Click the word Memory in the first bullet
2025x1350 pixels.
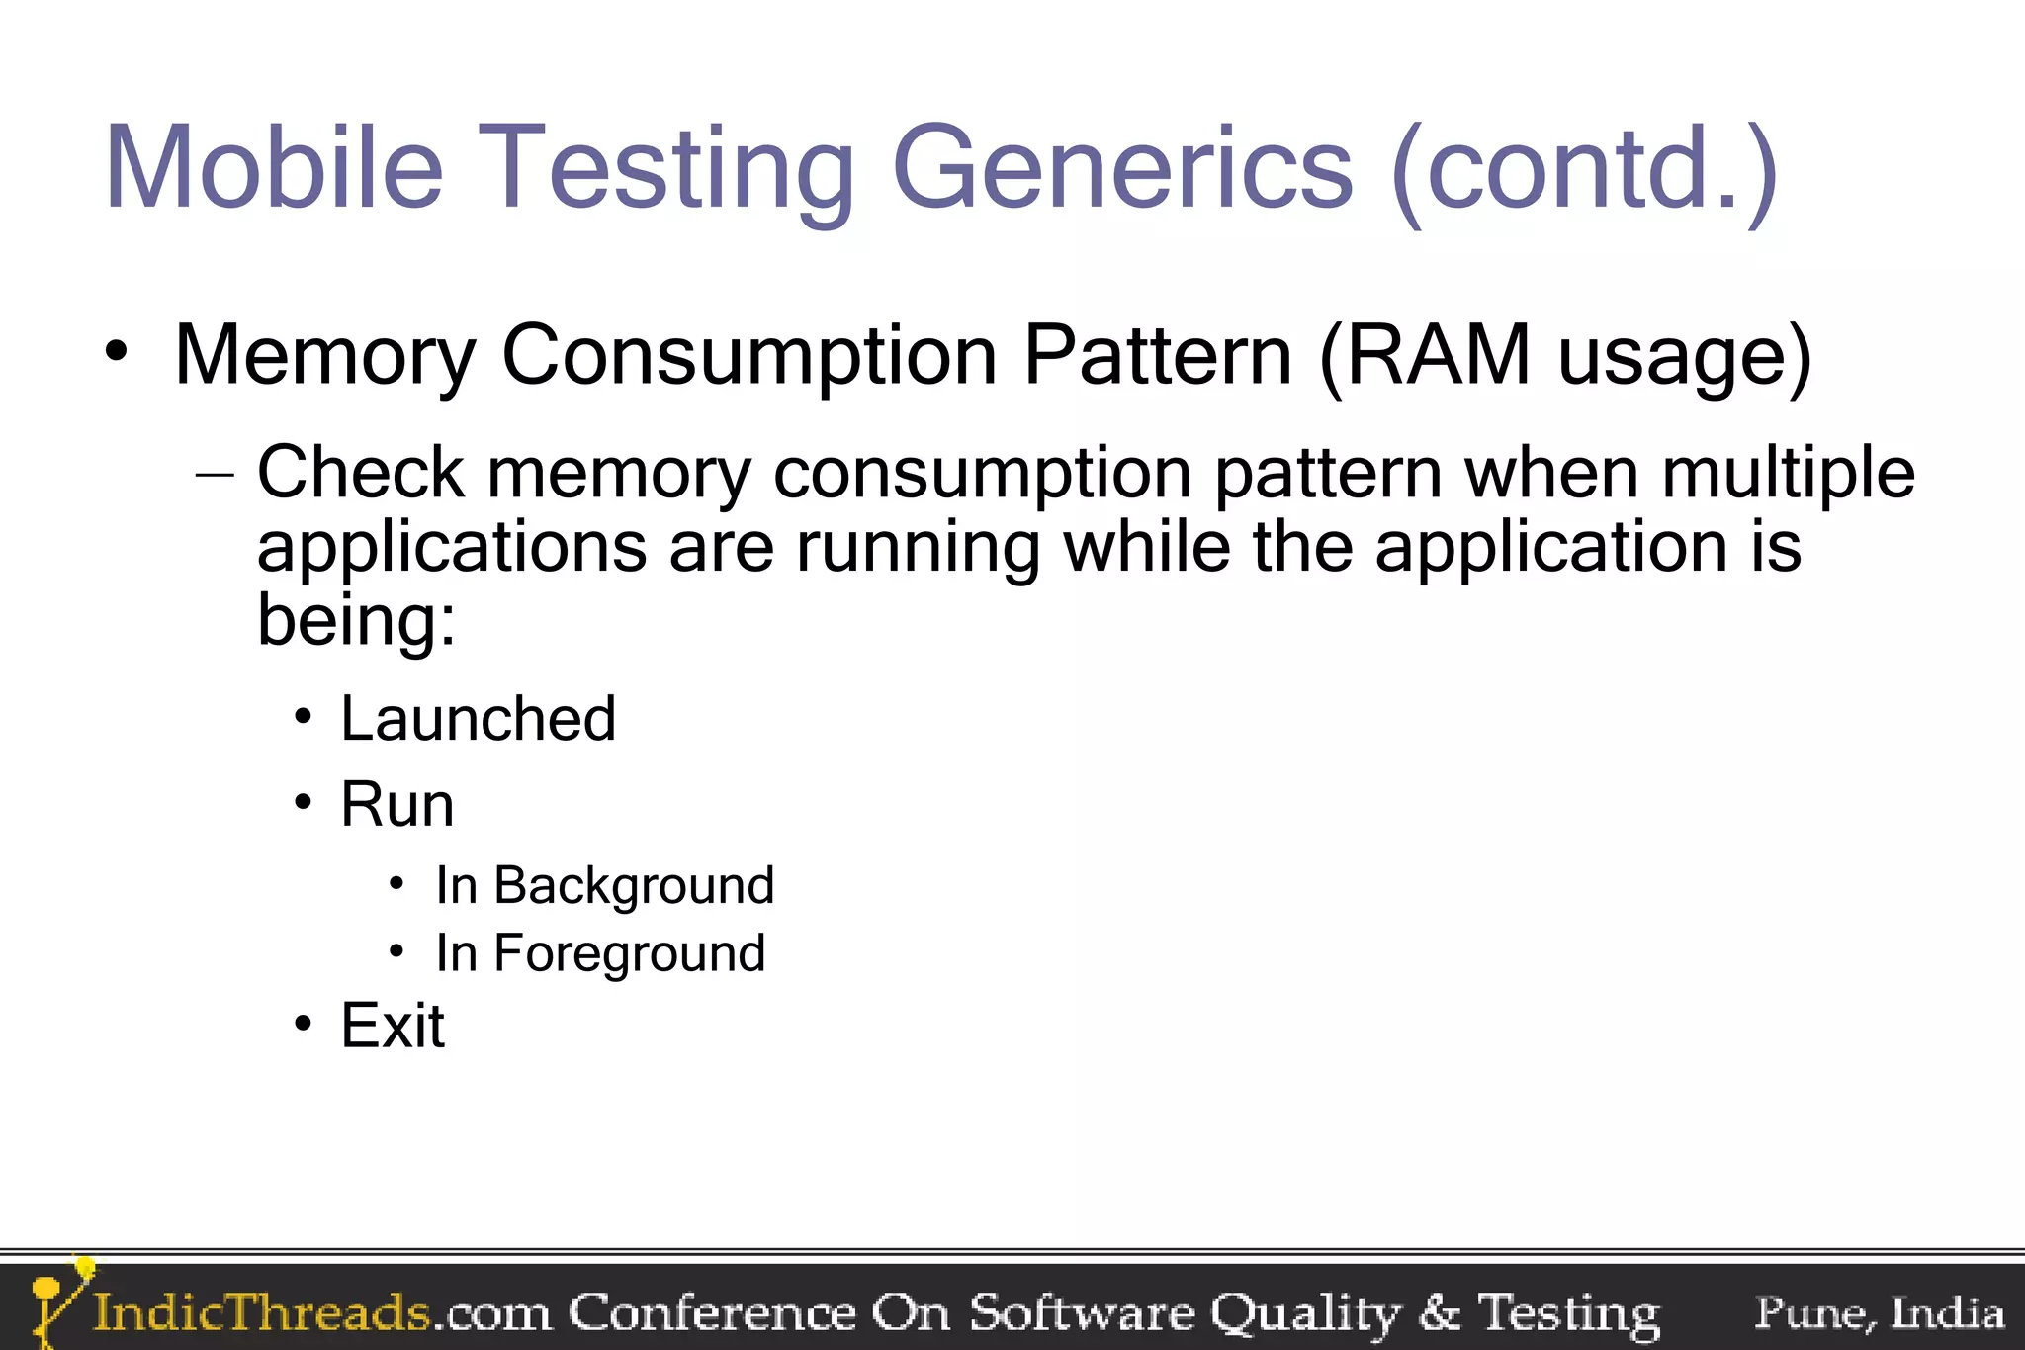tap(325, 356)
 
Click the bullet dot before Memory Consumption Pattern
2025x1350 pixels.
tap(117, 352)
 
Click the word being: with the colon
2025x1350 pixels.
tap(357, 620)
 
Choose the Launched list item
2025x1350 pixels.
tap(478, 718)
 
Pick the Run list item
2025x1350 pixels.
tap(397, 804)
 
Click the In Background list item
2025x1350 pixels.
tap(604, 885)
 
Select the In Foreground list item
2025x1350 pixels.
tap(600, 953)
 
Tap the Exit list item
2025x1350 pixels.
tap(393, 1026)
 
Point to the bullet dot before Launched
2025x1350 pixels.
tap(304, 716)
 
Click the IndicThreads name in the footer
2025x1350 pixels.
tap(261, 1312)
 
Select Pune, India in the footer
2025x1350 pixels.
tap(1879, 1312)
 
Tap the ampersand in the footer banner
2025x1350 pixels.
tap(1439, 1313)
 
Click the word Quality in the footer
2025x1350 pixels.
tap(1305, 1313)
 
